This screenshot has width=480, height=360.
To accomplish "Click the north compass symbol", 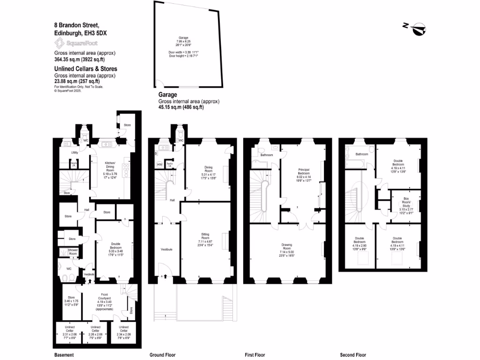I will (x=416, y=29).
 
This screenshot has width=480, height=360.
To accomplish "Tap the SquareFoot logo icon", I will (x=60, y=43).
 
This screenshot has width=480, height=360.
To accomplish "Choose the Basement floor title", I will (x=64, y=355).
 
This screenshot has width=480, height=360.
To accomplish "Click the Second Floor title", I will (x=353, y=355).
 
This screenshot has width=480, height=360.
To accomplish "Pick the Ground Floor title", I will (x=162, y=355).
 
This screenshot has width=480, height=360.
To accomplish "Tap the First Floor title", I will (x=255, y=355).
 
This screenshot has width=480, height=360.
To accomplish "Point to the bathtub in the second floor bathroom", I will (x=356, y=163).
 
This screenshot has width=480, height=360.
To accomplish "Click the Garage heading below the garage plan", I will (x=167, y=95).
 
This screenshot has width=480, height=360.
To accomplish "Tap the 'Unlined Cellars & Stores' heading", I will (x=86, y=69).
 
